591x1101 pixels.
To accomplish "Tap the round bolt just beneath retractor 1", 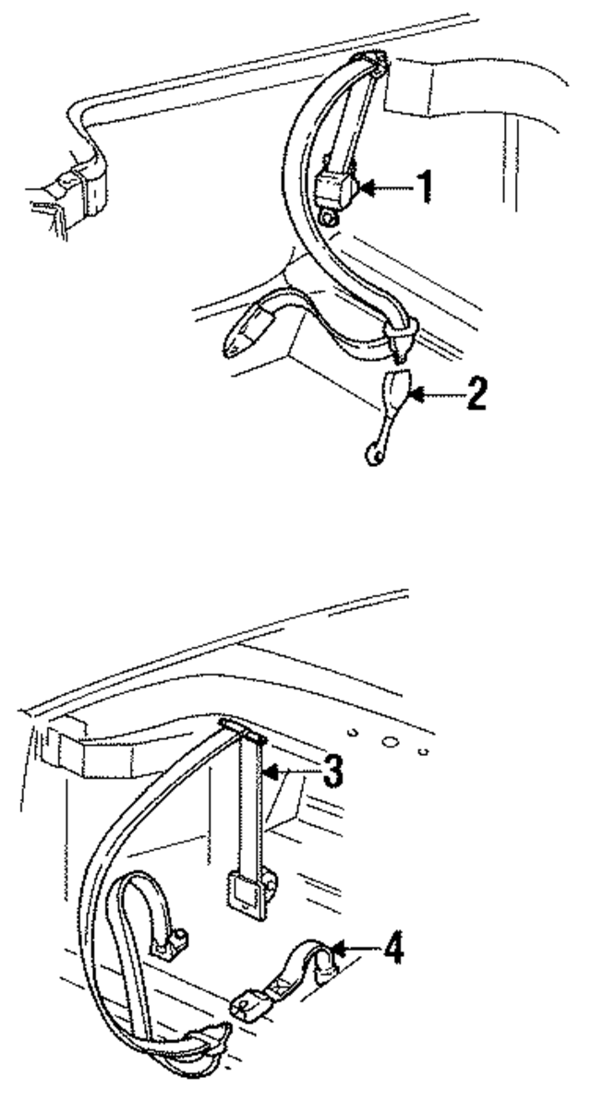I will pyautogui.click(x=330, y=217).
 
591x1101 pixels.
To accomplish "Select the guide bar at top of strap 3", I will pyautogui.click(x=244, y=734).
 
